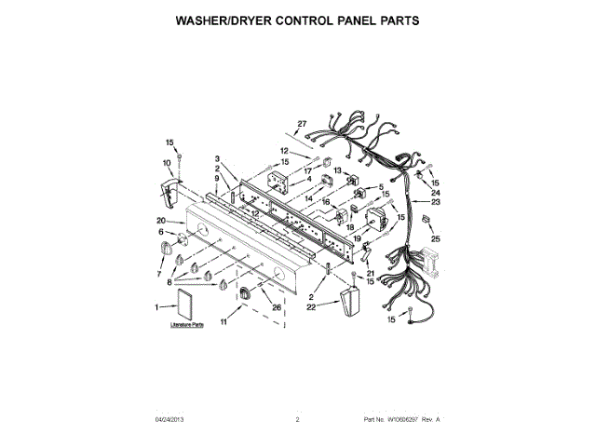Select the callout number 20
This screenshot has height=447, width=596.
161,221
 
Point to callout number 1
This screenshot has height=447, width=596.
156,305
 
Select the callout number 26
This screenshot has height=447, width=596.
277,307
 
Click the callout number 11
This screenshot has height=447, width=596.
224,321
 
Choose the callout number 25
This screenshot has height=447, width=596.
435,240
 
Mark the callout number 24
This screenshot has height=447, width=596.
435,192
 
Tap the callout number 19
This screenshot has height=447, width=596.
357,237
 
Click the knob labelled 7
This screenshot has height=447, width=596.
169,248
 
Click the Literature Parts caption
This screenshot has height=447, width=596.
186,326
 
